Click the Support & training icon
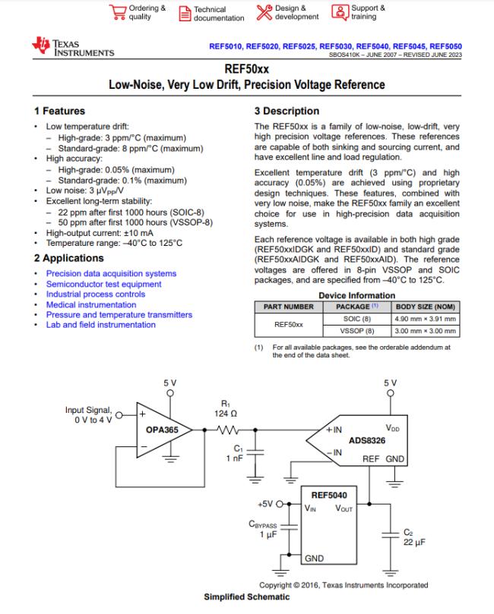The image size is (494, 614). [x=339, y=12]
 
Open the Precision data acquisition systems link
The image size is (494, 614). [x=111, y=273]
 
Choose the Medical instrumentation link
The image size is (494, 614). [x=91, y=304]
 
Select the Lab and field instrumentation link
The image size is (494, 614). [x=100, y=325]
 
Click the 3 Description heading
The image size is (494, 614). [x=287, y=111]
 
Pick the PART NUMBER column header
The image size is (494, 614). [x=288, y=307]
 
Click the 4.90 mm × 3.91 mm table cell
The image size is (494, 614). [x=425, y=319]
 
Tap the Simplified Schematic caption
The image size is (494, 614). [x=246, y=597]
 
